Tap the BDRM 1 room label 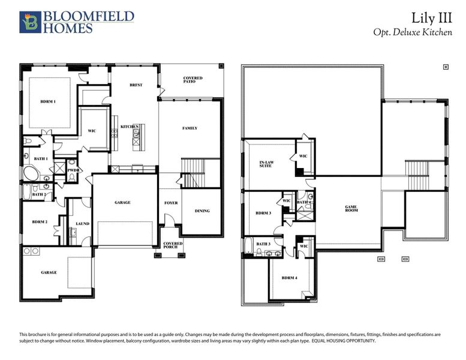tap(48, 101)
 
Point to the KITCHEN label tap(130, 127)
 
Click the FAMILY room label tap(190, 128)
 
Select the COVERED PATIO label tap(193, 80)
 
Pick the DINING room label tap(202, 211)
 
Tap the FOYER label tap(171, 203)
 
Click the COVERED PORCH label tap(173, 246)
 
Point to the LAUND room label tap(82, 224)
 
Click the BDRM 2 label tap(40, 222)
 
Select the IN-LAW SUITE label tap(266, 164)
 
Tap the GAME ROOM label tap(351, 209)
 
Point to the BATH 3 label tap(263, 244)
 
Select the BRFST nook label tap(136, 85)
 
